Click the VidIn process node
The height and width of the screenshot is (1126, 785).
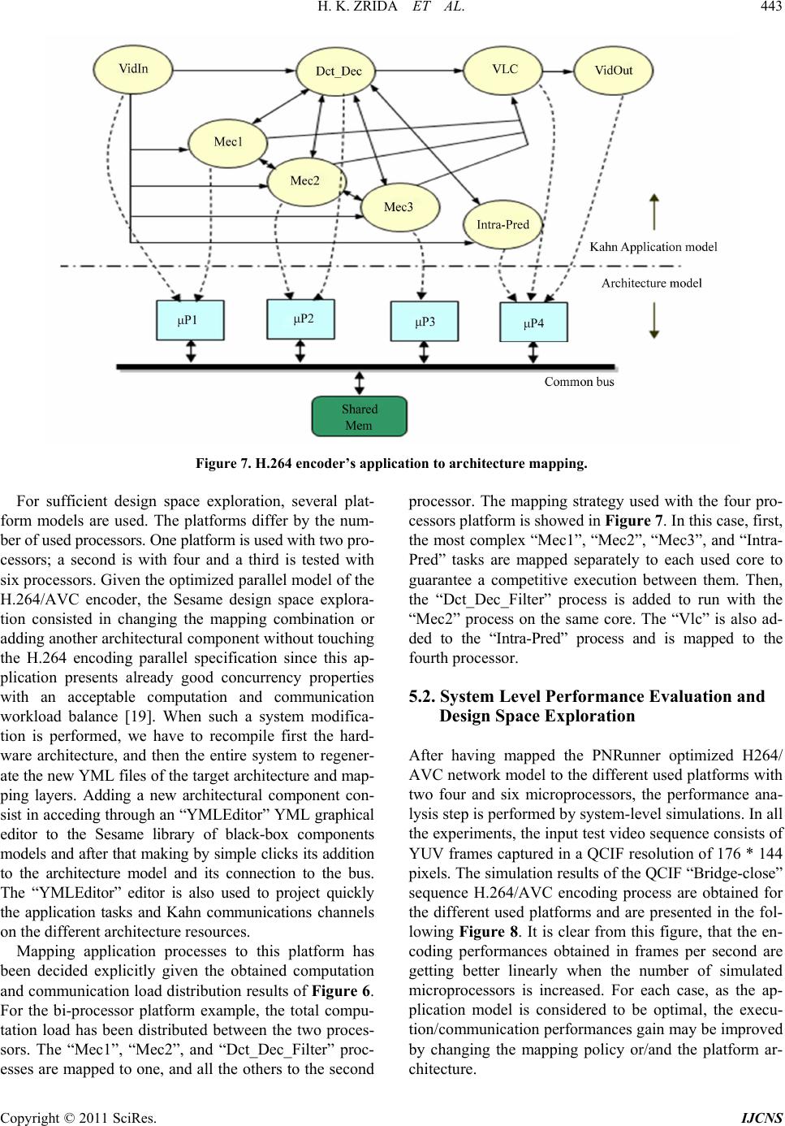tap(133, 69)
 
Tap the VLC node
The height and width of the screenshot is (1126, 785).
tap(504, 69)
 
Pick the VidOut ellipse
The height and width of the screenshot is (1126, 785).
tap(614, 71)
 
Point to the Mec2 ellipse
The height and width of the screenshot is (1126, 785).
tap(307, 181)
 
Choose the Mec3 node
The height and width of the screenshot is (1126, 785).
tap(400, 207)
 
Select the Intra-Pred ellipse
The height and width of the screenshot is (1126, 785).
tap(503, 225)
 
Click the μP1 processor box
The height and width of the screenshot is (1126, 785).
tap(190, 320)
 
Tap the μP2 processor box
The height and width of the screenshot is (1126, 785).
tap(301, 319)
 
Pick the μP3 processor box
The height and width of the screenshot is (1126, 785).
tap(425, 321)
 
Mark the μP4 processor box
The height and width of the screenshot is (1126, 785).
tap(534, 323)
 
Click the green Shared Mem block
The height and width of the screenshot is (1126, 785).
tap(360, 417)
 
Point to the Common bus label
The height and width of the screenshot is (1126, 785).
tap(579, 382)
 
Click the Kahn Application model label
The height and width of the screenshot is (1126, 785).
tap(653, 247)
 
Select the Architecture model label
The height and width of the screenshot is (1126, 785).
tap(651, 284)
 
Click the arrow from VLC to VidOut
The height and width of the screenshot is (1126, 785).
tap(559, 71)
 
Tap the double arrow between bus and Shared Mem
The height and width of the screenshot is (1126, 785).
tap(360, 383)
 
